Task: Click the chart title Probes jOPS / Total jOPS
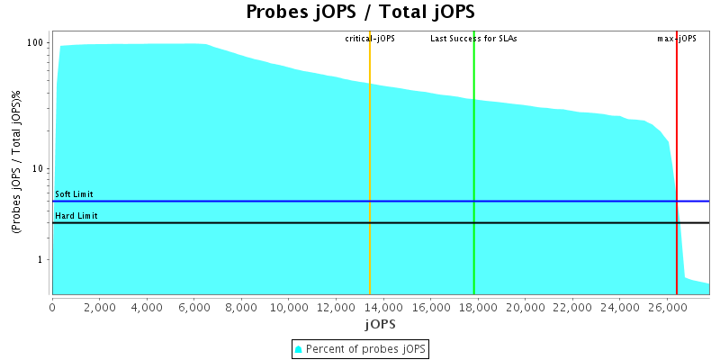click(x=360, y=13)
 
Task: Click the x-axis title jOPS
click(x=381, y=323)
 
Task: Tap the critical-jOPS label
click(x=370, y=39)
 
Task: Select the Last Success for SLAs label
click(x=473, y=39)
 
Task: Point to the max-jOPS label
click(x=677, y=39)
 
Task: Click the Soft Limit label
click(x=74, y=194)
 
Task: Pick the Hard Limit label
click(x=76, y=216)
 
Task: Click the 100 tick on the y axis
click(x=36, y=43)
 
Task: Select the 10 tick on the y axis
click(x=39, y=169)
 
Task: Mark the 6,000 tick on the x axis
click(x=193, y=308)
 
